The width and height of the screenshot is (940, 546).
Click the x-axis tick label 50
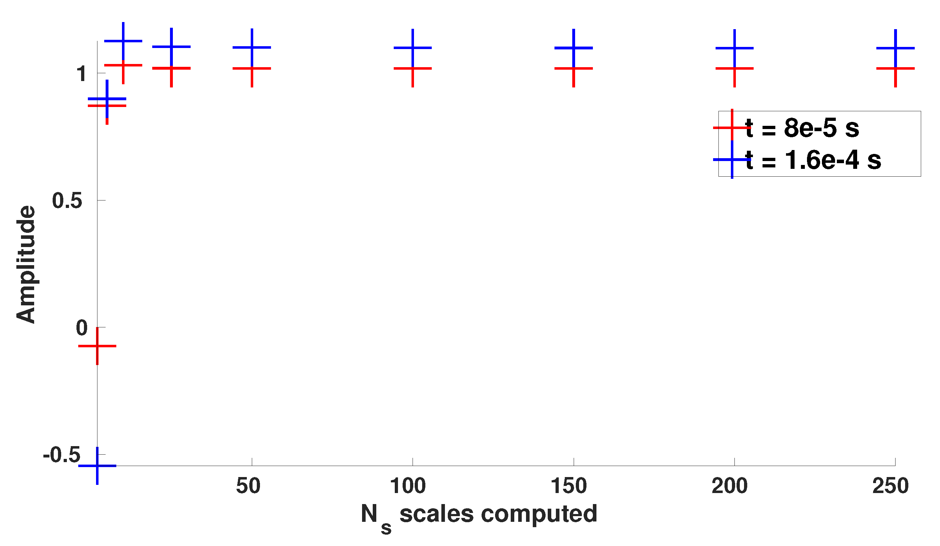pos(248,486)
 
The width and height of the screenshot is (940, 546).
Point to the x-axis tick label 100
pos(408,486)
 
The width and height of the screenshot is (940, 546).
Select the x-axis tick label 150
pos(569,486)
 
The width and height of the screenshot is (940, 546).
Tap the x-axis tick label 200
pos(729,486)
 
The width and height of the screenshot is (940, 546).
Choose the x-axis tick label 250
pos(891,486)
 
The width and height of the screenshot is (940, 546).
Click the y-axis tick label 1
pos(82,74)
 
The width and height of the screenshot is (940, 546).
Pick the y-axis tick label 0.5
pos(67,201)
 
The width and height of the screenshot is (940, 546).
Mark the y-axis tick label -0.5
pos(62,455)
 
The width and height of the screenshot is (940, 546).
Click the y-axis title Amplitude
pos(26,264)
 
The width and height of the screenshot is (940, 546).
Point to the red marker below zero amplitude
pos(97,346)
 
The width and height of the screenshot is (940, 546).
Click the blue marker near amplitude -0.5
pos(97,466)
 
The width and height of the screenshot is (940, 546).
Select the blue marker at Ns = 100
pos(413,48)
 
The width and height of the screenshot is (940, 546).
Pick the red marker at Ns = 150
pos(574,69)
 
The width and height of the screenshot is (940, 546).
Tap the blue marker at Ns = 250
pos(895,48)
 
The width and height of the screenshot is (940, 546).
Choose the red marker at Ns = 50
pos(252,69)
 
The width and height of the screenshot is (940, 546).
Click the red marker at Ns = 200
pos(734,69)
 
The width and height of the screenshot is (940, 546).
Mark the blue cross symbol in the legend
pos(732,160)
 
